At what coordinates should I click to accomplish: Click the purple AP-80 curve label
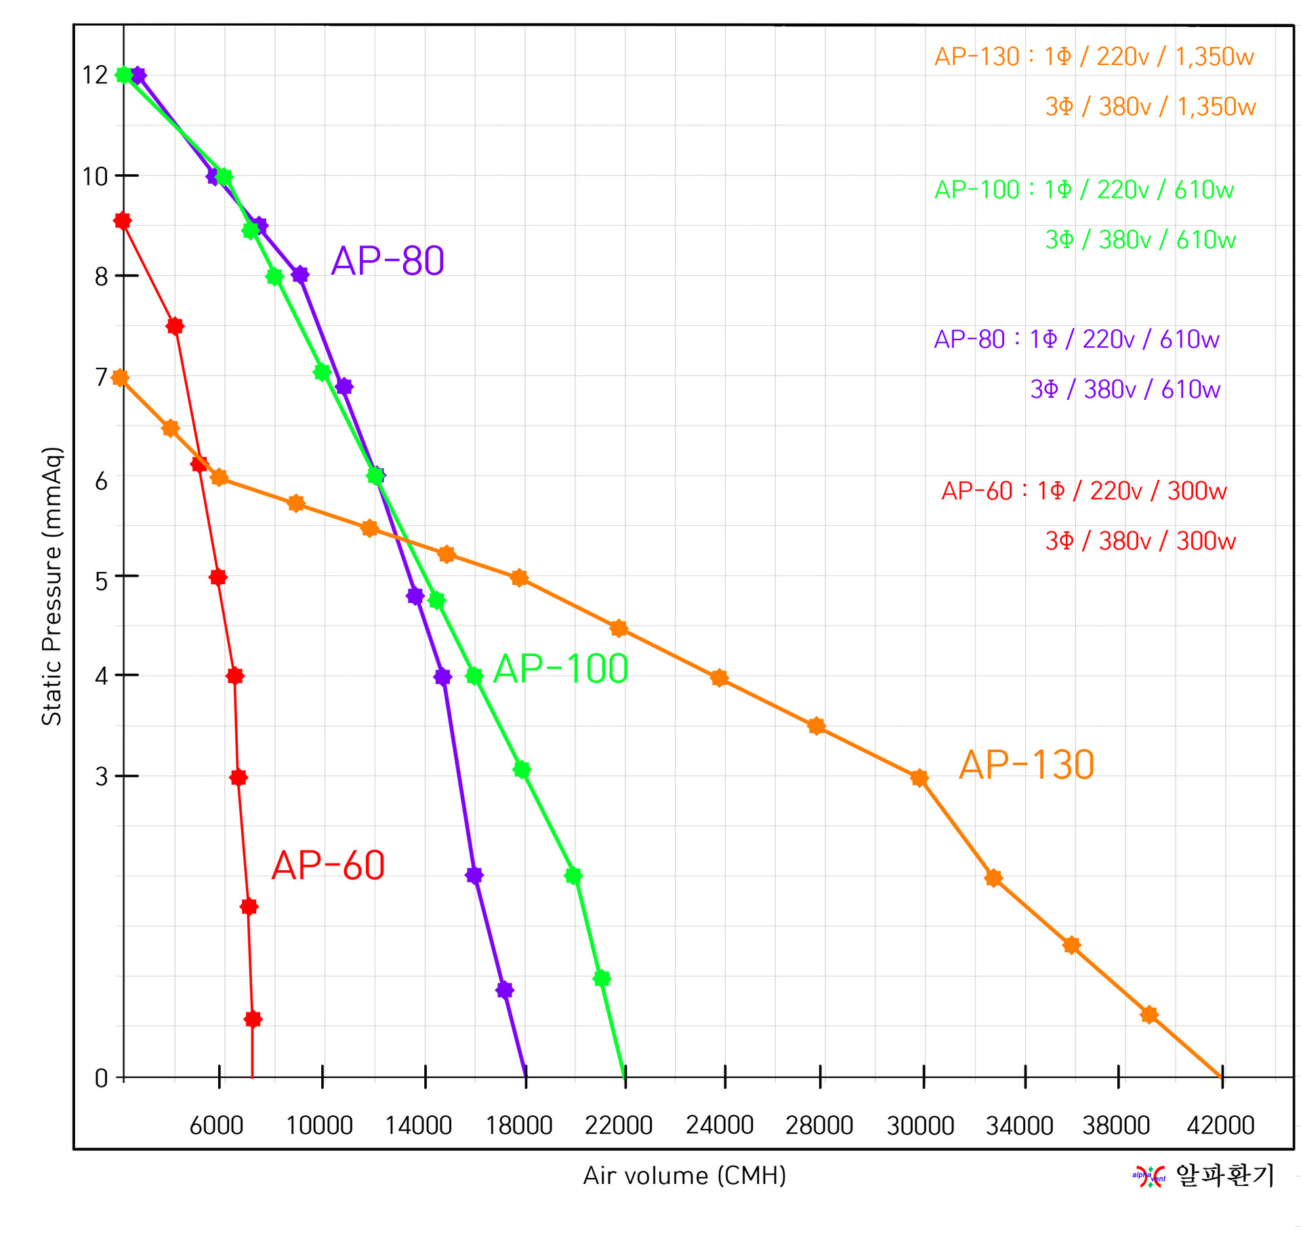(387, 261)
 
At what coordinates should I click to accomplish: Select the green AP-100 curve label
(560, 669)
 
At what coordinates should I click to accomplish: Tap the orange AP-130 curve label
(1027, 765)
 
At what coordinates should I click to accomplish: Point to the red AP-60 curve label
(328, 865)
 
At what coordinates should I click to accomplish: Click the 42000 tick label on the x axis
(1220, 1126)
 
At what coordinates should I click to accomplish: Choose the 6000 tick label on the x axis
(216, 1126)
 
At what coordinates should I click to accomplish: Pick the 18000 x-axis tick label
(519, 1126)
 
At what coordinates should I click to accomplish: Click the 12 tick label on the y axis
(95, 75)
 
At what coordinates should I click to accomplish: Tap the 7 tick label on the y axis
(101, 377)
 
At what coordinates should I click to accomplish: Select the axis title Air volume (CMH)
(684, 1176)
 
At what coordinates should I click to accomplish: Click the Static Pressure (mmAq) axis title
(52, 586)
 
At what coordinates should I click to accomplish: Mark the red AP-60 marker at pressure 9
(123, 221)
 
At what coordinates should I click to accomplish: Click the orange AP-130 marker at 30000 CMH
(919, 778)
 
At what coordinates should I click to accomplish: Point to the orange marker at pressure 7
(120, 378)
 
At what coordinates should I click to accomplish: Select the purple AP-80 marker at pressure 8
(300, 274)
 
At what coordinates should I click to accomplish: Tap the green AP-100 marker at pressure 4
(474, 676)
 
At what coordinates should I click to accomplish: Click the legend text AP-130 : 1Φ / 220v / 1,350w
(1094, 57)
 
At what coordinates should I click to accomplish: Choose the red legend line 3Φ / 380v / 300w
(1140, 541)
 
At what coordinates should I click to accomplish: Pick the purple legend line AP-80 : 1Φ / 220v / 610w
(1076, 340)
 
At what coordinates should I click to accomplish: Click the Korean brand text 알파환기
(1225, 1175)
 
